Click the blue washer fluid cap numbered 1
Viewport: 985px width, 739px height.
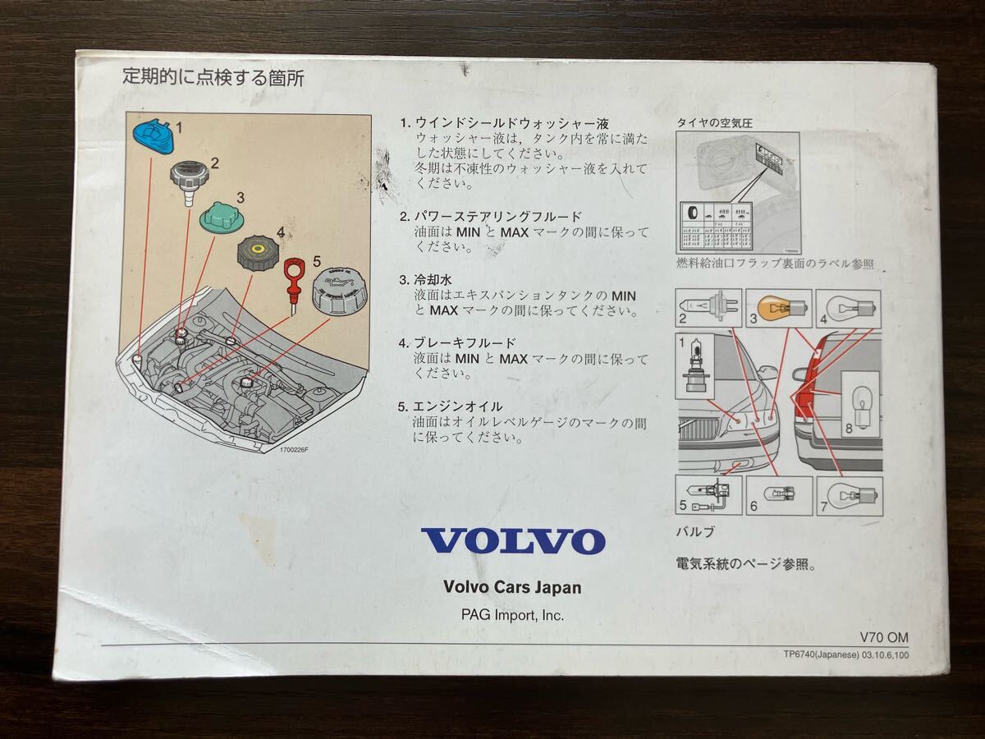pos(153,135)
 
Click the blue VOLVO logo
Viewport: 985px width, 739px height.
pos(513,541)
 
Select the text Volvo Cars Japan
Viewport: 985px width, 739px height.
pos(512,587)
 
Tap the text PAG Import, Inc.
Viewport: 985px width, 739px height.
pos(512,614)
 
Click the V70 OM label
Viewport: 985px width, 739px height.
pos(884,637)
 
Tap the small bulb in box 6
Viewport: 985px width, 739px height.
pos(777,495)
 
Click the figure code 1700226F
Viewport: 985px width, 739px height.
pos(299,449)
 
